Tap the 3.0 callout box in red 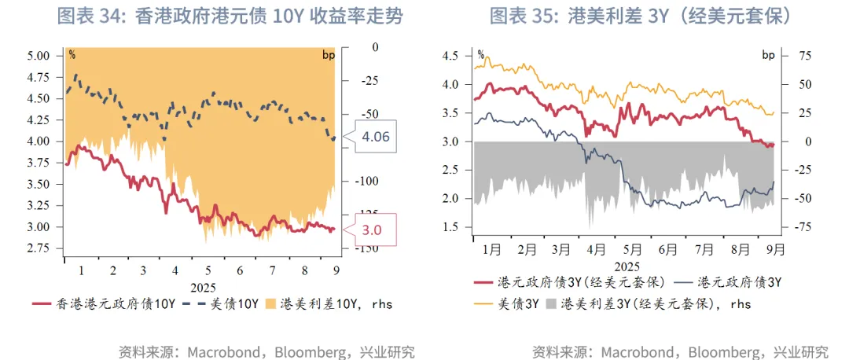point(373,230)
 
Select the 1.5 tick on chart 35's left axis point(451,227)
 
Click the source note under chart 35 point(680,351)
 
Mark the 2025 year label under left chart point(202,287)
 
